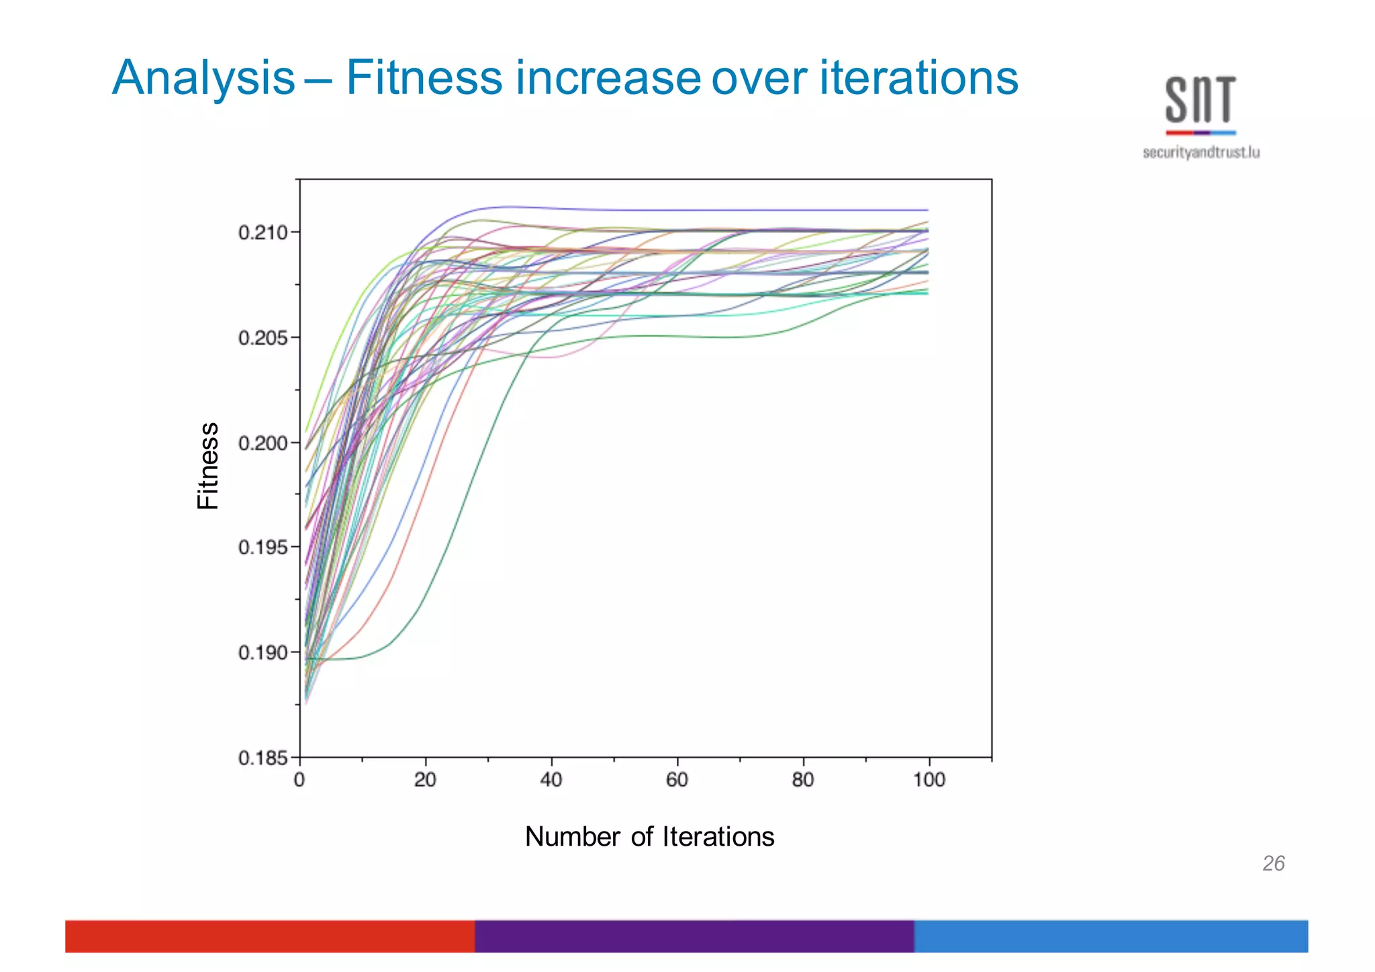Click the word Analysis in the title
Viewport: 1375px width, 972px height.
pyautogui.click(x=203, y=79)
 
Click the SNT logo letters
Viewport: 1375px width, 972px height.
pyautogui.click(x=1200, y=100)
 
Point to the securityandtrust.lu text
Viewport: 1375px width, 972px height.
pyautogui.click(x=1200, y=152)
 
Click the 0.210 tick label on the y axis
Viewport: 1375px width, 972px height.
pyautogui.click(x=263, y=232)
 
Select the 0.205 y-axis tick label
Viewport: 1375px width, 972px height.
pyautogui.click(x=263, y=338)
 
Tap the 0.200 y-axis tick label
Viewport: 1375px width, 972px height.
pyautogui.click(x=263, y=443)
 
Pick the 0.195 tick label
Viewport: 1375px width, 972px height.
pyautogui.click(x=263, y=547)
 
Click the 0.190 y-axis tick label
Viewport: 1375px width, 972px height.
pyautogui.click(x=263, y=652)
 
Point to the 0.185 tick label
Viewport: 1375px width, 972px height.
pyautogui.click(x=263, y=758)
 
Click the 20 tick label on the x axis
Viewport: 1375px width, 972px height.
pyautogui.click(x=425, y=780)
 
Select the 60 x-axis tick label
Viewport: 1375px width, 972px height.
pyautogui.click(x=677, y=780)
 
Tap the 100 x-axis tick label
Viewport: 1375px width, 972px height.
pyautogui.click(x=929, y=780)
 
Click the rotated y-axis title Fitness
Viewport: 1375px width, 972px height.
pyautogui.click(x=208, y=466)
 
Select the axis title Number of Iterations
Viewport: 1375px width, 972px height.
pyautogui.click(x=649, y=837)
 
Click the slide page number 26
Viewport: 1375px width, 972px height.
pyautogui.click(x=1273, y=863)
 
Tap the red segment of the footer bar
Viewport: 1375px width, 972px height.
pyautogui.click(x=270, y=936)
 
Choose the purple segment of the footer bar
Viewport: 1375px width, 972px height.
pyautogui.click(x=694, y=936)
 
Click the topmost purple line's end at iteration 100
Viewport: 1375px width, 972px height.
pyautogui.click(x=927, y=210)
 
